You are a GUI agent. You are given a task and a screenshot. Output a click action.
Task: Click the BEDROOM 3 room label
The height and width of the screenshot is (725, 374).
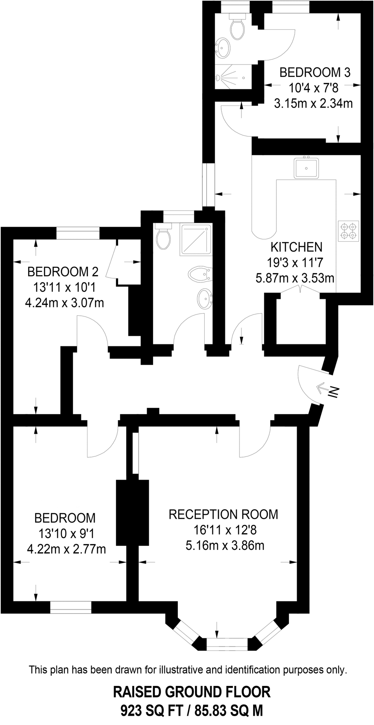[315, 72]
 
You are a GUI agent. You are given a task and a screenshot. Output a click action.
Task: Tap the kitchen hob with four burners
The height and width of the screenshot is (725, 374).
[349, 231]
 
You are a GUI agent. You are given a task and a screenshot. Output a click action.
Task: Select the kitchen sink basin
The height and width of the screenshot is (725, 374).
[306, 168]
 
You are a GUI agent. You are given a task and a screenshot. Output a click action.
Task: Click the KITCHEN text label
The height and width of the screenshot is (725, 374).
[296, 247]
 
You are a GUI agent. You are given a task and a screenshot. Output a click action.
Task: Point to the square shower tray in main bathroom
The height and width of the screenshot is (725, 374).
[195, 240]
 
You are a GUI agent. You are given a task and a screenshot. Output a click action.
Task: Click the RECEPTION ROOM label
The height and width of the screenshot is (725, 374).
[223, 514]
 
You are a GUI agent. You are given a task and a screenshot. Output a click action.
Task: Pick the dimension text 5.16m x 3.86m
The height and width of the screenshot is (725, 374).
[225, 546]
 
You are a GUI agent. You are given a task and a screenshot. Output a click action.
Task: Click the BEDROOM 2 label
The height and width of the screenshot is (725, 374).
[62, 272]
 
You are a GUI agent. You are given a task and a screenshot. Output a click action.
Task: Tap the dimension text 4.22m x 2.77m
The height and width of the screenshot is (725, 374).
[66, 549]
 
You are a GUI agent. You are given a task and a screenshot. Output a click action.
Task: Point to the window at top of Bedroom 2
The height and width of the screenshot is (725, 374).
[78, 233]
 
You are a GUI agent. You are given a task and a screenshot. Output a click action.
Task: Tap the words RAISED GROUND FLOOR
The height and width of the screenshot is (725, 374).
[192, 692]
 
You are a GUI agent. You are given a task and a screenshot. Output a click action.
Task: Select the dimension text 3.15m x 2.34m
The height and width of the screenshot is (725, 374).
[314, 104]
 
